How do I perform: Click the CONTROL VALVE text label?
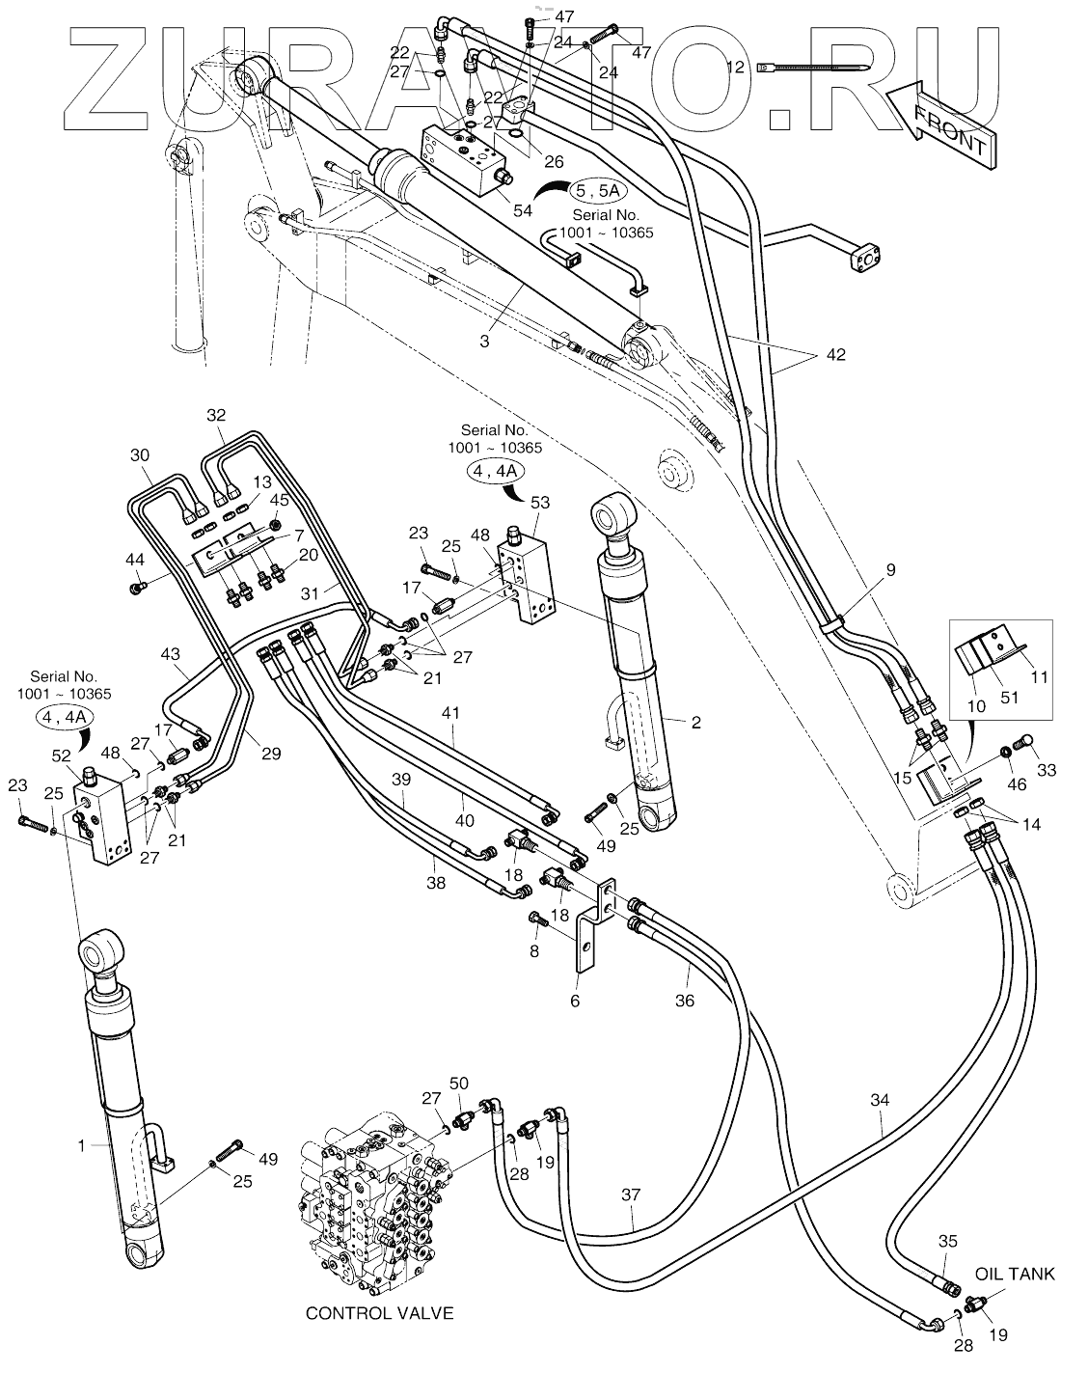pyautogui.click(x=379, y=1313)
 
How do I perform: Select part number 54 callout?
pyautogui.click(x=523, y=210)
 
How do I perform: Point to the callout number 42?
pyautogui.click(x=834, y=355)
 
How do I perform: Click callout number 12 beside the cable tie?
pyautogui.click(x=736, y=68)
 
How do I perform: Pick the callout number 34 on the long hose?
pyautogui.click(x=880, y=1100)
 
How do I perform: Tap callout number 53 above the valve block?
pyautogui.click(x=540, y=502)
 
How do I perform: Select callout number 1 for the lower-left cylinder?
pyautogui.click(x=82, y=1145)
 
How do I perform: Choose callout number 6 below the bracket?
pyautogui.click(x=575, y=1001)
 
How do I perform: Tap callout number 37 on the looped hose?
pyautogui.click(x=631, y=1195)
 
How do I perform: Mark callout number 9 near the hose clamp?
pyautogui.click(x=890, y=570)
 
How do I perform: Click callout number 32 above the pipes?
pyautogui.click(x=216, y=415)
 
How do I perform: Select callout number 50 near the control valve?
pyautogui.click(x=459, y=1084)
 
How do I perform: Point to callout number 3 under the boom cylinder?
pyautogui.click(x=485, y=341)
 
